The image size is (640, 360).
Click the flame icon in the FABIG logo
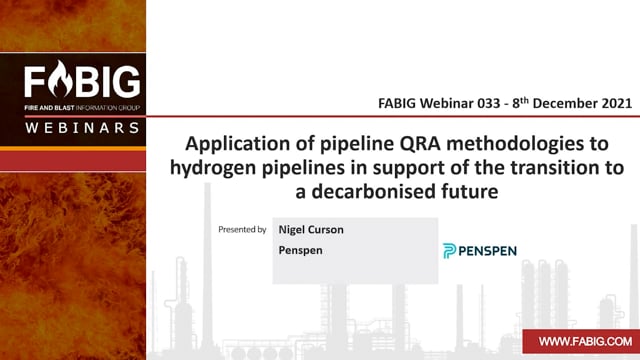click(x=60, y=79)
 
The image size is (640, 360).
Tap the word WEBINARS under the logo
click(x=82, y=128)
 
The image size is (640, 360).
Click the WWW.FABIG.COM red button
click(x=581, y=341)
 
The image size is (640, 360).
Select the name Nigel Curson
click(x=311, y=229)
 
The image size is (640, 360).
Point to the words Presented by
click(x=242, y=229)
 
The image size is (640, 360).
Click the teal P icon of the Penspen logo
click(x=449, y=251)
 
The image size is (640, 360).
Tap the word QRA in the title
click(x=420, y=144)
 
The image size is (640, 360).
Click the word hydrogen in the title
click(x=213, y=168)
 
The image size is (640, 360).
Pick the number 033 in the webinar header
click(x=489, y=103)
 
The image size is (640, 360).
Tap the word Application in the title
click(x=250, y=144)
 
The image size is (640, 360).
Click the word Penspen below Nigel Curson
click(x=300, y=250)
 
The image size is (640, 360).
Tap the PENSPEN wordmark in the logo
click(x=487, y=251)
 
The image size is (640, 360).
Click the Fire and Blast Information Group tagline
click(x=82, y=108)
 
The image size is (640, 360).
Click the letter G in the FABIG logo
click(x=126, y=82)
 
